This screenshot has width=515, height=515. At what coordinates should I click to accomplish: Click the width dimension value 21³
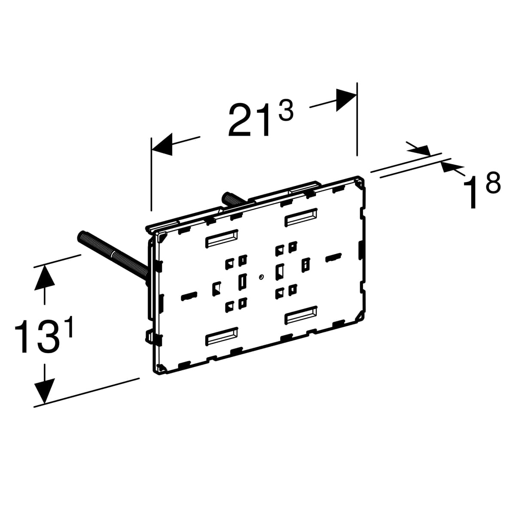point(261,119)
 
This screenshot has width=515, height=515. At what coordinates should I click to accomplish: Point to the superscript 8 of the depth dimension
point(493,182)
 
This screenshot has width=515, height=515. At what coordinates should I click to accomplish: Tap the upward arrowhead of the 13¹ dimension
point(45,277)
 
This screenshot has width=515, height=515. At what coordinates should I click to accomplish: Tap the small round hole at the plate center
point(261,277)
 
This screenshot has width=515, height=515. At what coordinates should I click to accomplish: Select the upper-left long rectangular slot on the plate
point(222,238)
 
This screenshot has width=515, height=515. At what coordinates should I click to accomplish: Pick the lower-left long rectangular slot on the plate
point(222,336)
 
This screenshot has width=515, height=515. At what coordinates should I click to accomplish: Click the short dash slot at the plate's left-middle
point(189,296)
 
